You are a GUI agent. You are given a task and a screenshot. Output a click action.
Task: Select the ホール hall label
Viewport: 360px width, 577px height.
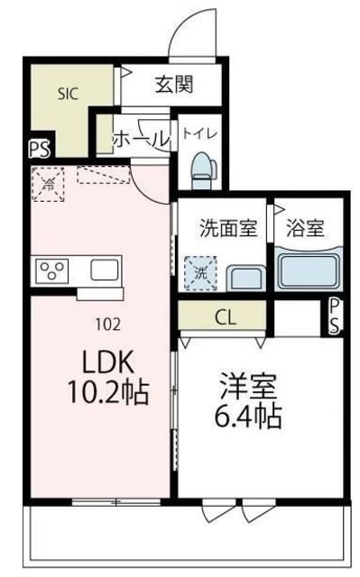click(x=141, y=141)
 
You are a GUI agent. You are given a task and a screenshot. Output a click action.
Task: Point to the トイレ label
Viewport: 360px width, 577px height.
click(x=198, y=133)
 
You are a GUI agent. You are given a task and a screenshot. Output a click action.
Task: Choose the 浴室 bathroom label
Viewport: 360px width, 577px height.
click(x=307, y=228)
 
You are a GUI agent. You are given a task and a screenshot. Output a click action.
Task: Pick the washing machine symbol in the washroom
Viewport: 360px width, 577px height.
click(x=199, y=270)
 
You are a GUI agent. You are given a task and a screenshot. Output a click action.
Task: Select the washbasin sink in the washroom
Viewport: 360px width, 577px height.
click(x=244, y=275)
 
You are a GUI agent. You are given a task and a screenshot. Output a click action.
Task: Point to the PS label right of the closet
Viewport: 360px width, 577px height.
click(x=334, y=316)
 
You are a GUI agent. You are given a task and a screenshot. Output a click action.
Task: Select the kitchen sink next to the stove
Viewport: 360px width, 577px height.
click(x=103, y=270)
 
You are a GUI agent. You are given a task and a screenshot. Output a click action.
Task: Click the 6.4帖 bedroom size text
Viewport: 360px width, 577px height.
click(x=248, y=417)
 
